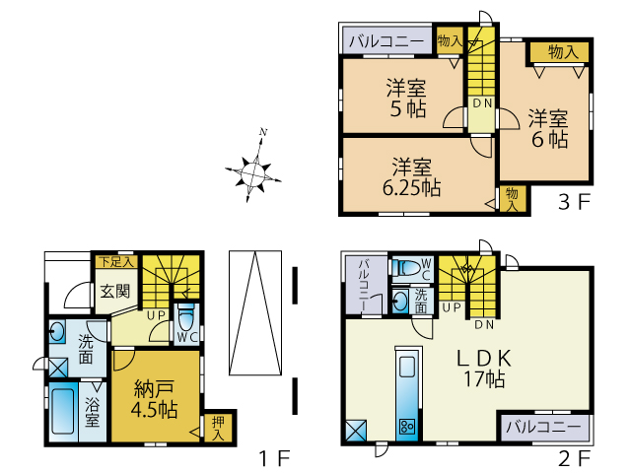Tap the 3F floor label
point(574,202)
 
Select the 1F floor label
point(274,458)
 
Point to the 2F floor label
point(574,458)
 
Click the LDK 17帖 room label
point(484,368)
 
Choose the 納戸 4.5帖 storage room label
point(154,399)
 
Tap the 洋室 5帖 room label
point(407,99)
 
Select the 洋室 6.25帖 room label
point(412,177)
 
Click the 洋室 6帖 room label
point(548,129)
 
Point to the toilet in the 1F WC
point(185,317)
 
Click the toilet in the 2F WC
point(406,267)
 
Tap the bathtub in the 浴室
point(63,411)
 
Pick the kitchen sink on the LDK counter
point(407,367)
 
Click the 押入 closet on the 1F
point(218,429)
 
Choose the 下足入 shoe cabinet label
point(116,262)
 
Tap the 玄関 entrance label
point(115,291)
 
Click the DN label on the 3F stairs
point(482,103)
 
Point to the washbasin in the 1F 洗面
point(57,332)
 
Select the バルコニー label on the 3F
point(386,41)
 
